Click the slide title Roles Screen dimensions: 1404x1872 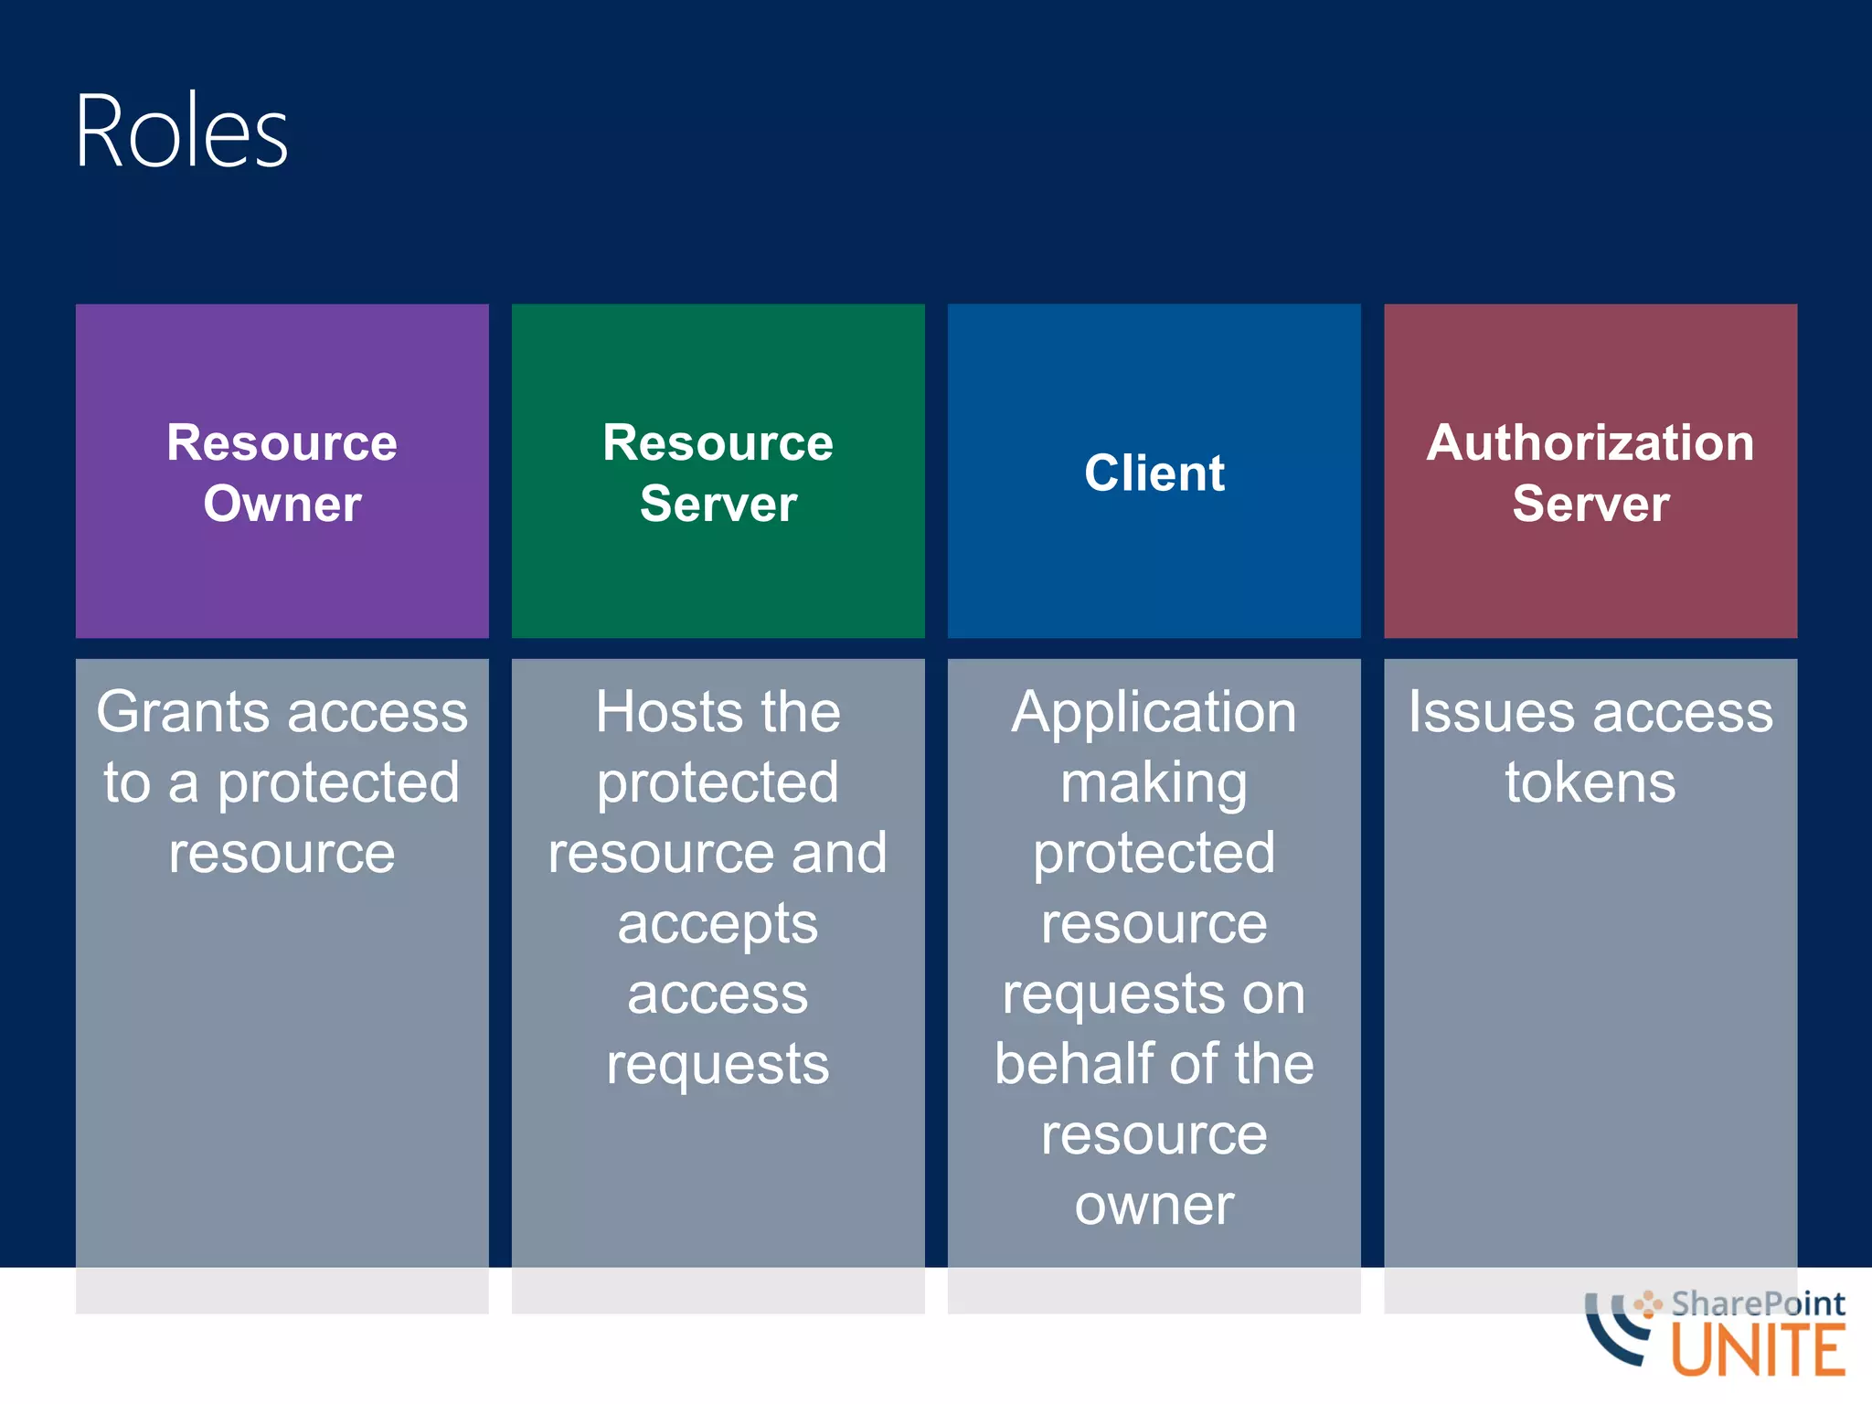coord(181,132)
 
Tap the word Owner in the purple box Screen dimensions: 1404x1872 coord(282,504)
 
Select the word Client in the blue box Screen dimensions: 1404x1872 coord(1154,473)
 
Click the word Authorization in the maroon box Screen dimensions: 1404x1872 coord(1590,442)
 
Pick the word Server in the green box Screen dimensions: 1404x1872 coord(718,504)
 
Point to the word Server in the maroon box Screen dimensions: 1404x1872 coord(1590,504)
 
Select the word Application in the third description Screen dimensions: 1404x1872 coord(1154,712)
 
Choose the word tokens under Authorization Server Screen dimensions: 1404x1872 coord(1590,782)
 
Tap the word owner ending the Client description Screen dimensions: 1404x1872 coord(1154,1205)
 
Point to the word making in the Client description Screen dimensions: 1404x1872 coord(1154,784)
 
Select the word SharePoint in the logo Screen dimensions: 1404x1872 coord(1757,1303)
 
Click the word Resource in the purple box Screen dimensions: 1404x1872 coord(282,442)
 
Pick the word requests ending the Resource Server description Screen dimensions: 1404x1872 coord(718,1066)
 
